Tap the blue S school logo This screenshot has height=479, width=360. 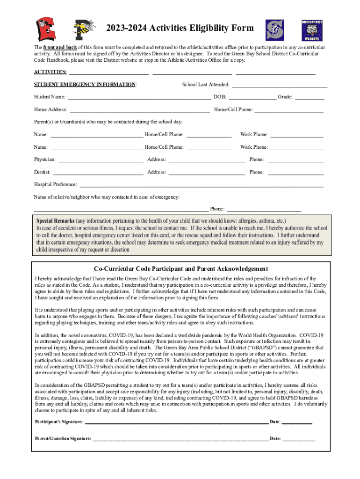click(275, 30)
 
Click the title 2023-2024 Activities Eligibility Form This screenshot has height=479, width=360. click(180, 28)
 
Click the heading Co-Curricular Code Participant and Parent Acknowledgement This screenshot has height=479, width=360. click(180, 269)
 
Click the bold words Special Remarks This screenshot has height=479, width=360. click(56, 220)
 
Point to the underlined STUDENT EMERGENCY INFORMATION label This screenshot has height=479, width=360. click(85, 85)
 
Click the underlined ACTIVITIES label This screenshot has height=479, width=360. click(50, 72)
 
